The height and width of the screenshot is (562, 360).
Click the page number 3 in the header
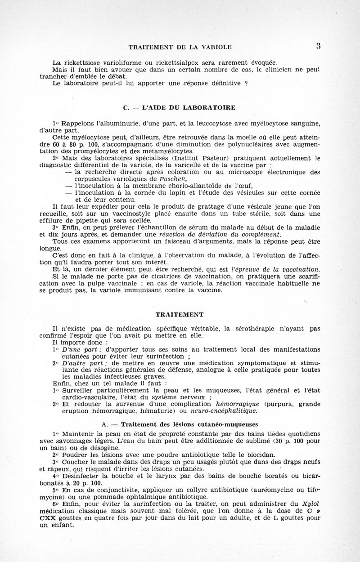343,45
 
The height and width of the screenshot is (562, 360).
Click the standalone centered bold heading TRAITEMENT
180,314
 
